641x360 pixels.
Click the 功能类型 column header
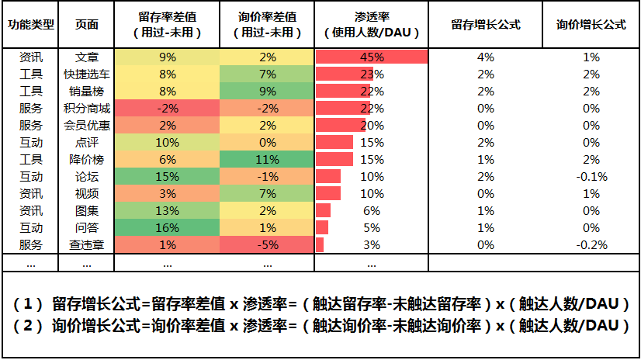point(31,24)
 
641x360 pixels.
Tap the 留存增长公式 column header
point(486,24)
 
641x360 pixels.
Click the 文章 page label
point(87,57)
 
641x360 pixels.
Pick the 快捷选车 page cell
point(87,74)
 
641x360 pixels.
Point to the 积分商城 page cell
point(87,109)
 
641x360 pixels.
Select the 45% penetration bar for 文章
point(372,57)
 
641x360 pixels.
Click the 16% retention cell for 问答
point(167,227)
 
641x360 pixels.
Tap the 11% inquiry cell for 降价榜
point(267,159)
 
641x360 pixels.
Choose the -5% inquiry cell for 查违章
point(267,244)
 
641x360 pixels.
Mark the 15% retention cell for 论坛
point(167,176)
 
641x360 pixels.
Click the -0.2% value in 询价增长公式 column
point(591,244)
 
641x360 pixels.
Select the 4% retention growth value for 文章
point(486,57)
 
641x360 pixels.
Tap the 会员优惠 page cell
point(87,126)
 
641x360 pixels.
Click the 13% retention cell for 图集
point(167,210)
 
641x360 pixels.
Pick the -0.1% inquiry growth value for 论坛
point(591,176)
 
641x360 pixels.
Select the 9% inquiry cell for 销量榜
point(267,92)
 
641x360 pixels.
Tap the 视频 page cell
point(87,193)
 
